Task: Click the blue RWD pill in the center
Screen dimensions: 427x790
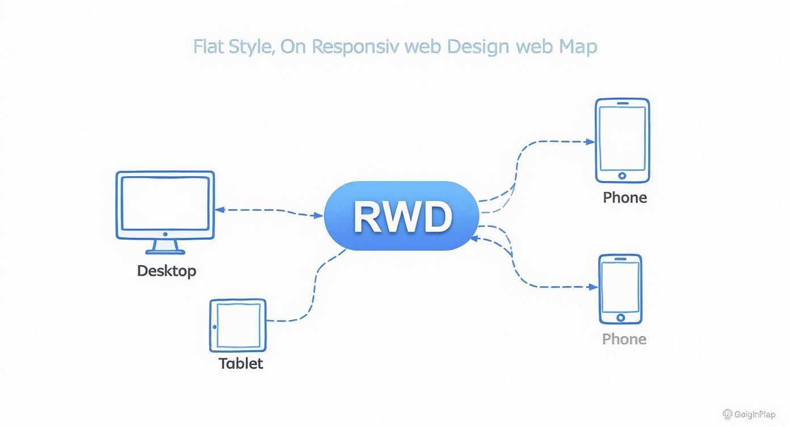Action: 402,216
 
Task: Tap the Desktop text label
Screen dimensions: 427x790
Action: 166,271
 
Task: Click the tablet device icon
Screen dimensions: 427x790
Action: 238,325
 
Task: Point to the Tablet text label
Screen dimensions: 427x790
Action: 241,363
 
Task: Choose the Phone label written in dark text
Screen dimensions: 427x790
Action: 624,198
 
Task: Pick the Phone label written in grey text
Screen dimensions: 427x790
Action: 624,339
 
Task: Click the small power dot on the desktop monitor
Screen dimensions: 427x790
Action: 165,233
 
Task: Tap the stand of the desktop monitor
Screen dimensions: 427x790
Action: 165,246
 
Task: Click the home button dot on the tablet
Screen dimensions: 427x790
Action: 215,326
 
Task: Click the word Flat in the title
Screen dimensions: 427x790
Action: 208,47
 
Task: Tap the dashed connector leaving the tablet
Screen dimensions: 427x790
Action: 289,320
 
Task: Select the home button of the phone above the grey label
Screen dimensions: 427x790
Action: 620,317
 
